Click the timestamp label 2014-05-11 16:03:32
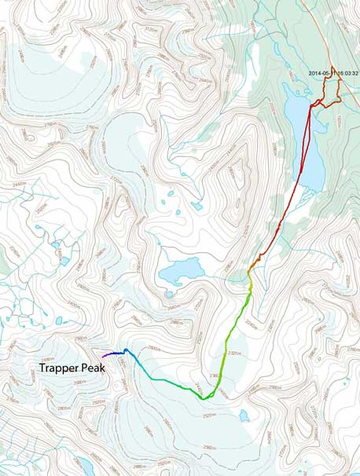pyautogui.click(x=334, y=74)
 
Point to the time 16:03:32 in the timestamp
pyautogui.click(x=346, y=74)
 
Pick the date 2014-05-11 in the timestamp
pyautogui.click(x=324, y=74)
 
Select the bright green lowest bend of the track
pyautogui.click(x=206, y=397)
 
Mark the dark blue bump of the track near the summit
pyautogui.click(x=125, y=350)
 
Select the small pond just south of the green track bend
pyautogui.click(x=244, y=414)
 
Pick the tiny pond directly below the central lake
pyautogui.click(x=169, y=295)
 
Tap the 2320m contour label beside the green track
pyautogui.click(x=233, y=353)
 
